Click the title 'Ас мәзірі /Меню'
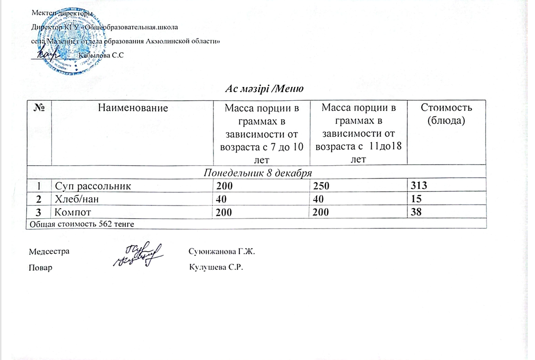coord(264,88)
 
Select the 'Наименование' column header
coord(133,108)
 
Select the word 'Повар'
coord(41,267)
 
